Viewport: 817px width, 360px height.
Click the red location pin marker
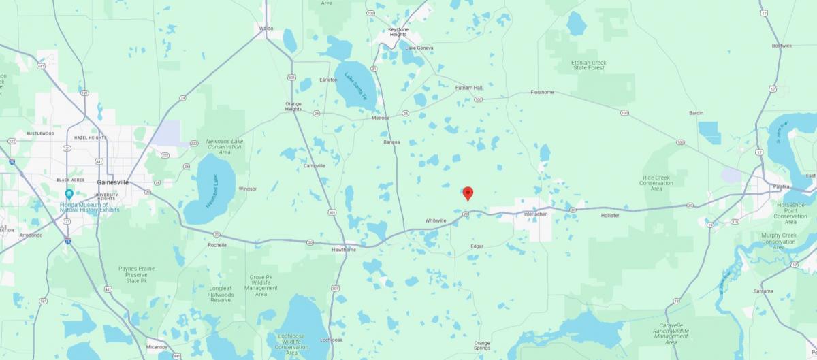[468, 193]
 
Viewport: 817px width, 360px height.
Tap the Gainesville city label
[113, 182]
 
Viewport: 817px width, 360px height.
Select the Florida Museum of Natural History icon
[69, 195]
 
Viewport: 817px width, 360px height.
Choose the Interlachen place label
[535, 214]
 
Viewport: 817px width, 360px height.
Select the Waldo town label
[266, 28]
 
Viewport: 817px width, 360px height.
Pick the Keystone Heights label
[398, 32]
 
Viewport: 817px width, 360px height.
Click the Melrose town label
[380, 118]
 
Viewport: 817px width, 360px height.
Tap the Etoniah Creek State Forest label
[588, 65]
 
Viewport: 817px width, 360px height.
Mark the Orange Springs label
[482, 345]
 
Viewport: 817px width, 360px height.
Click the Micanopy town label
[156, 346]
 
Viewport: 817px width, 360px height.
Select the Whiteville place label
[436, 220]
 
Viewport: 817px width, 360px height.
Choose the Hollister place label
[610, 215]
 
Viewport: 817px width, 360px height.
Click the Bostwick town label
[782, 46]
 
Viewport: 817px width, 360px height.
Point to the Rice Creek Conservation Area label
[656, 182]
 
